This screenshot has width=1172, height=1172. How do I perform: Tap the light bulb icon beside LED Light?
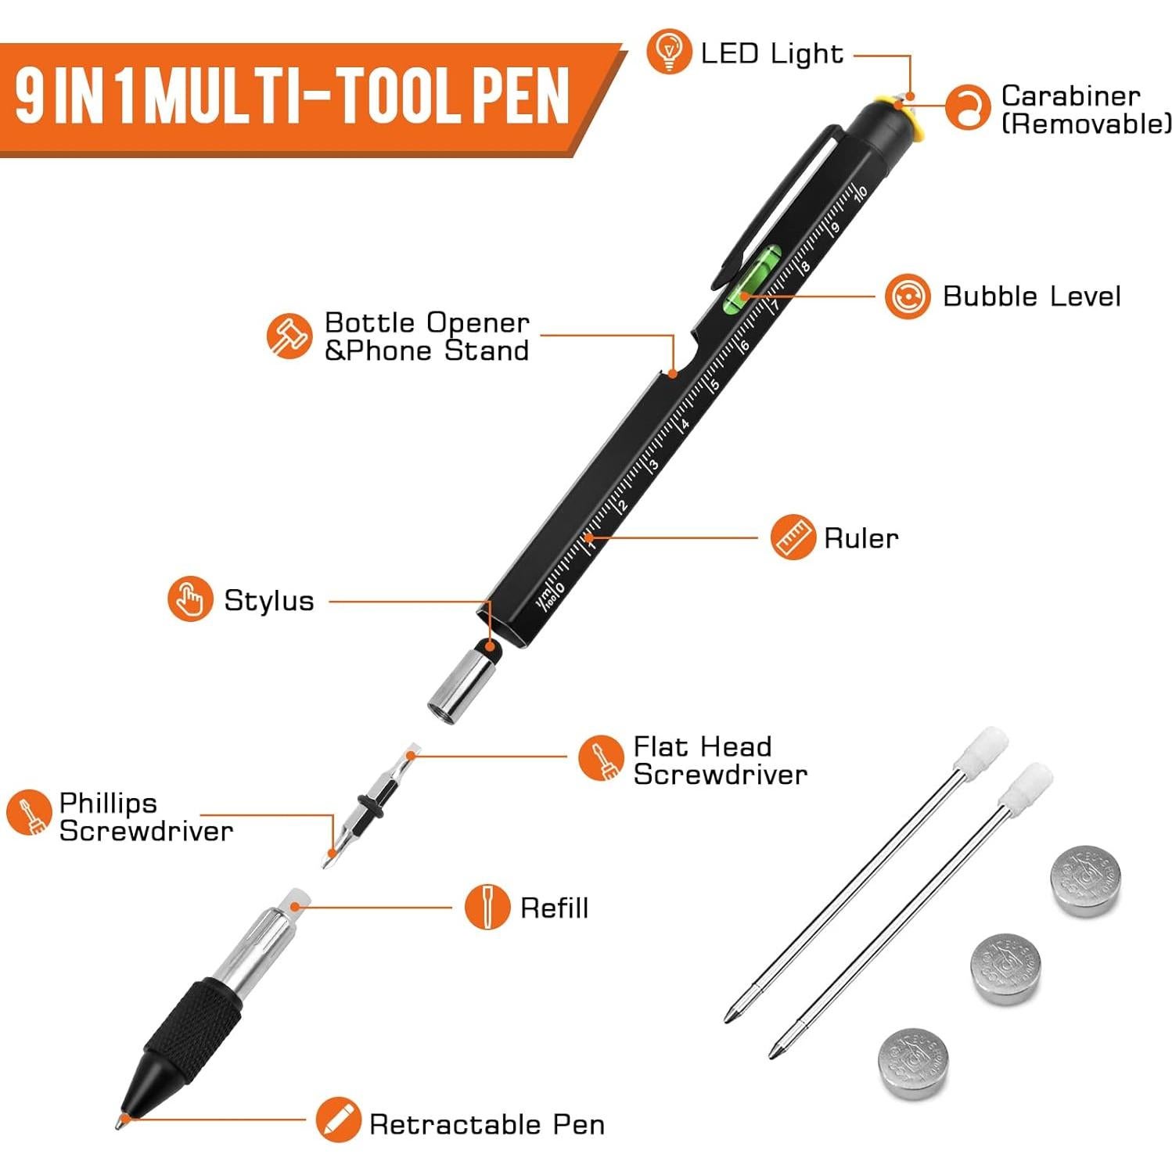point(668,52)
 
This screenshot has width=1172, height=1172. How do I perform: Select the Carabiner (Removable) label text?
point(1085,110)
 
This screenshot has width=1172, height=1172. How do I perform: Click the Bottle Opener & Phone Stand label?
point(426,336)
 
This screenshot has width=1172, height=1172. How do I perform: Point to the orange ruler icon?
point(792,537)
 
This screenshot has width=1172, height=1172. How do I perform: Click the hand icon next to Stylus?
point(189,599)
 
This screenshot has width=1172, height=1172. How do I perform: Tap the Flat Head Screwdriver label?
point(719,760)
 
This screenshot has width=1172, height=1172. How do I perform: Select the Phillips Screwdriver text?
point(146,817)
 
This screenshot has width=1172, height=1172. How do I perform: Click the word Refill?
point(554,908)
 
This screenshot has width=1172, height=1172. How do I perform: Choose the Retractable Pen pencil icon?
point(338,1120)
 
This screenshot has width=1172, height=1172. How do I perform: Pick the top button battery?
point(1085,879)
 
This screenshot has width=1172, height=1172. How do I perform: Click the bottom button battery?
point(913,1063)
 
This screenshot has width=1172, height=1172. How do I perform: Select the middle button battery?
point(1006,968)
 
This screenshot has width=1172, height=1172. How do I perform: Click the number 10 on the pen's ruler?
point(861,192)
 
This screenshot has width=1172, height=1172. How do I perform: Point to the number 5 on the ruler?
point(713,385)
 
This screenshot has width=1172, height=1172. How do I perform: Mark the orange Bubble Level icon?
point(908,297)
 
